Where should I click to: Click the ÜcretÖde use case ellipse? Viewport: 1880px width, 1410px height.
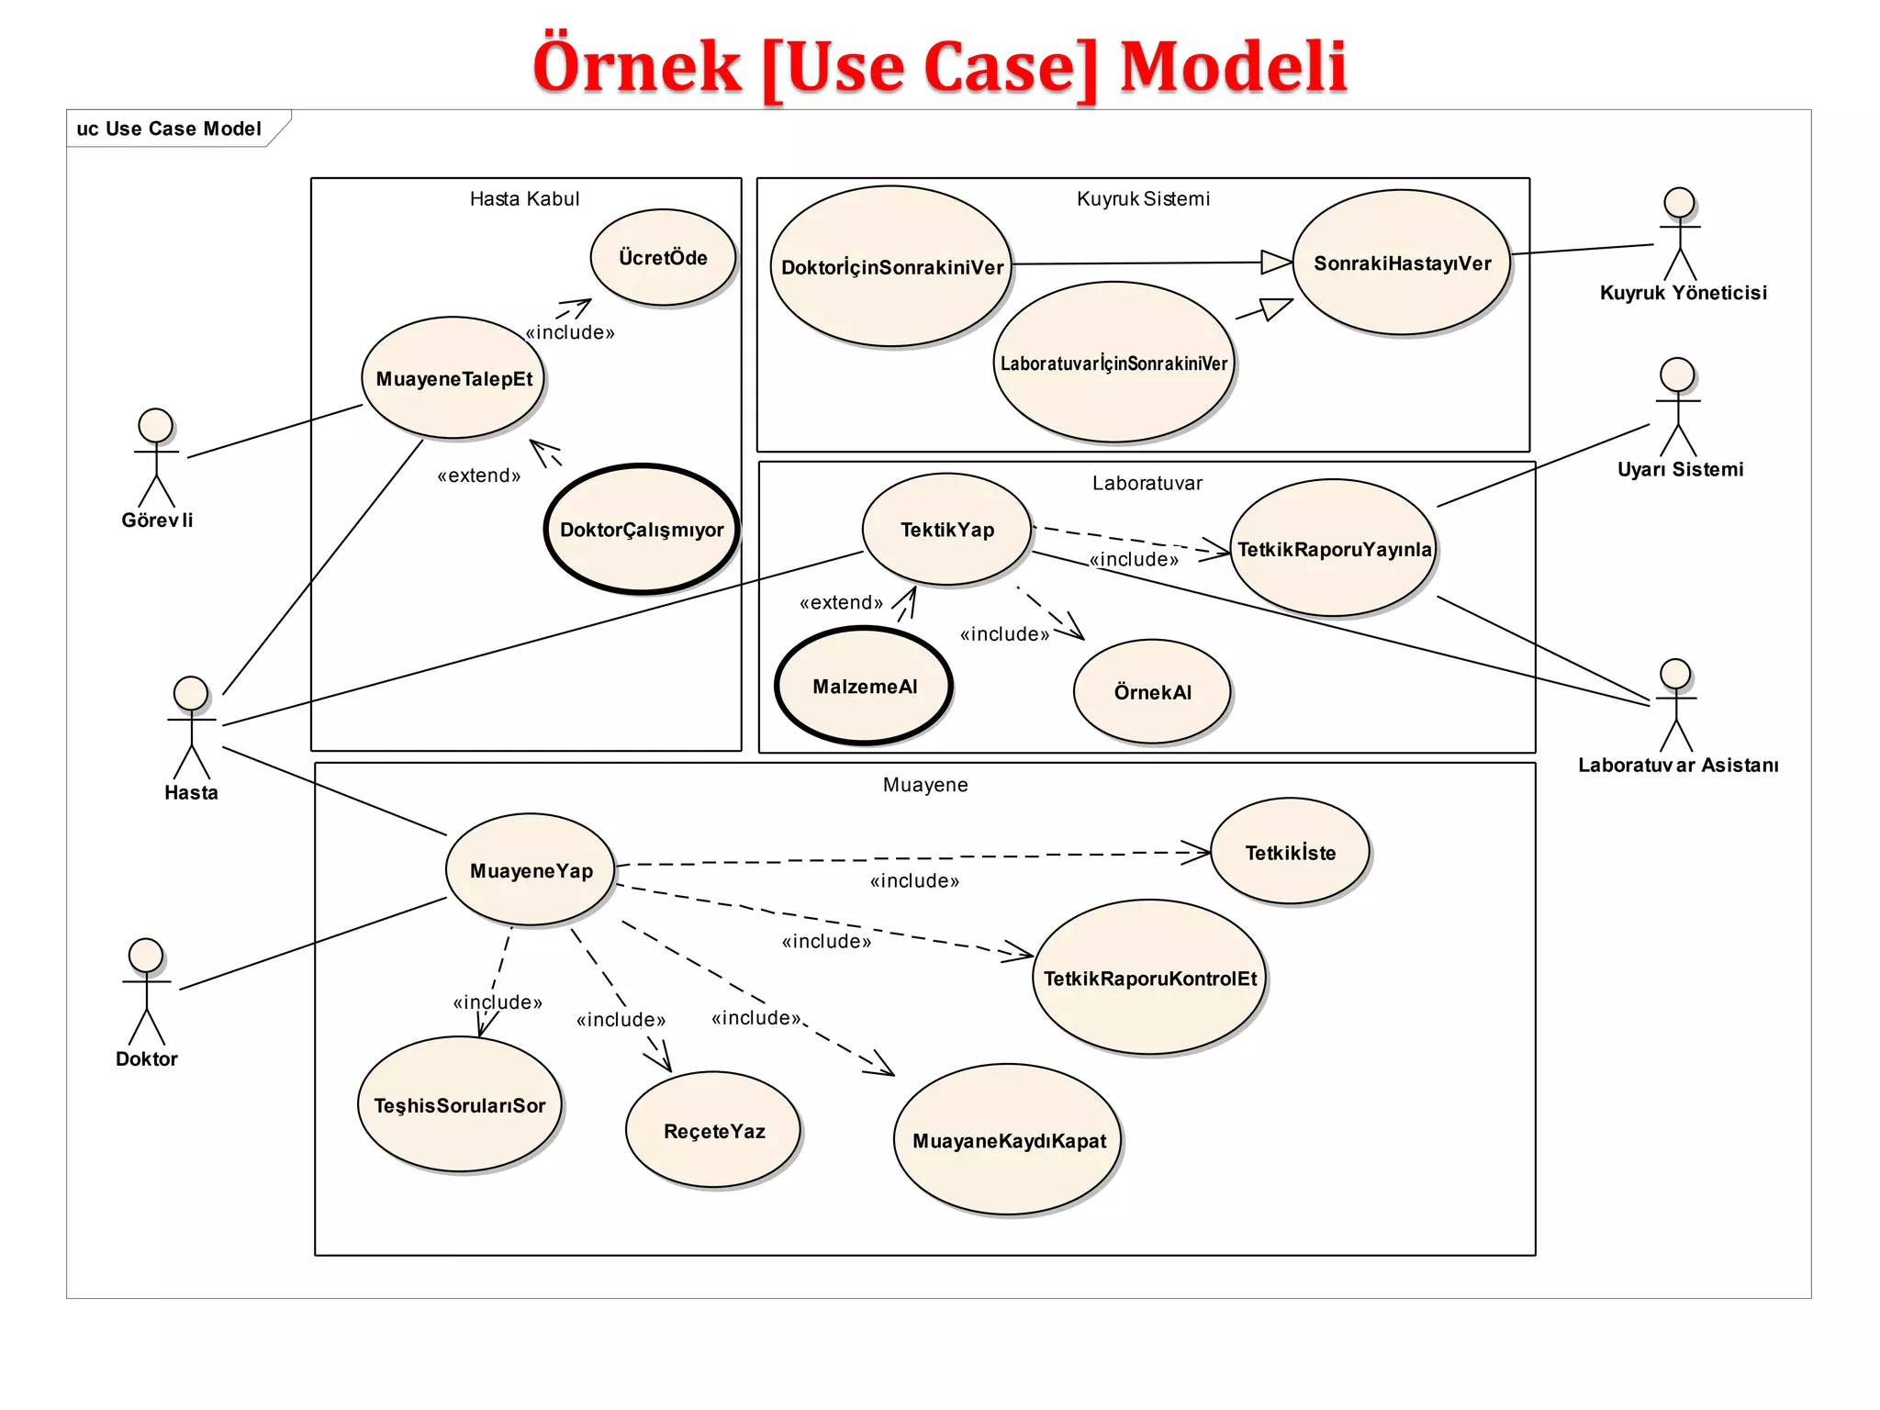[x=663, y=257]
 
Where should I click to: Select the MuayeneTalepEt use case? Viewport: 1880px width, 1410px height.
[x=453, y=378]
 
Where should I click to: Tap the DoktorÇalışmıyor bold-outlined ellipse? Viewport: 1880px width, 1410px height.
[x=642, y=529]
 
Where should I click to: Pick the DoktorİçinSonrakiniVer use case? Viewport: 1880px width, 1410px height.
[x=891, y=266]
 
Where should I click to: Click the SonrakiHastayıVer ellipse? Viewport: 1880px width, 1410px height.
[x=1402, y=263]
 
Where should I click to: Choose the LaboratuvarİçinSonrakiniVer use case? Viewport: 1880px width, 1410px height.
[x=1113, y=363]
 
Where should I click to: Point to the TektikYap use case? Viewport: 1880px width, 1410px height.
[x=947, y=530]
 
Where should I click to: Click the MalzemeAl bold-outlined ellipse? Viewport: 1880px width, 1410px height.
[x=865, y=686]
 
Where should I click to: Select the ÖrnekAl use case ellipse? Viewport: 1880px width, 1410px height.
[x=1152, y=691]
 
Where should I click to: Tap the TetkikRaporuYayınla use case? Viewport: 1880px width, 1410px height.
[x=1334, y=549]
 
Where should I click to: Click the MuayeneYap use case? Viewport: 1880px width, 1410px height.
[x=531, y=870]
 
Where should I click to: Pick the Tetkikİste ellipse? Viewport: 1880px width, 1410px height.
[x=1290, y=852]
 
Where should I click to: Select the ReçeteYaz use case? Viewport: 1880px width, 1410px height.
[x=713, y=1130]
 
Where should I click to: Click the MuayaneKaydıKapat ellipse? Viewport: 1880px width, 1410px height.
[x=1008, y=1140]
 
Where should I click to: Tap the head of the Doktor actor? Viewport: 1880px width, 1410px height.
[x=146, y=956]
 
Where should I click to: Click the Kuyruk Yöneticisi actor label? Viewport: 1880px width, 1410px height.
[x=1683, y=293]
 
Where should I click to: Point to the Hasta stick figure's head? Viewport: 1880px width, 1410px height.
[x=191, y=693]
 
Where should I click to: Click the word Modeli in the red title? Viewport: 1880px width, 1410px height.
[x=1233, y=66]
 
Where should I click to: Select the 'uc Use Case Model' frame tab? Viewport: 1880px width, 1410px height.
[x=170, y=129]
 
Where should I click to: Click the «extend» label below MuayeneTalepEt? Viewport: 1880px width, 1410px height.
[x=479, y=476]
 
